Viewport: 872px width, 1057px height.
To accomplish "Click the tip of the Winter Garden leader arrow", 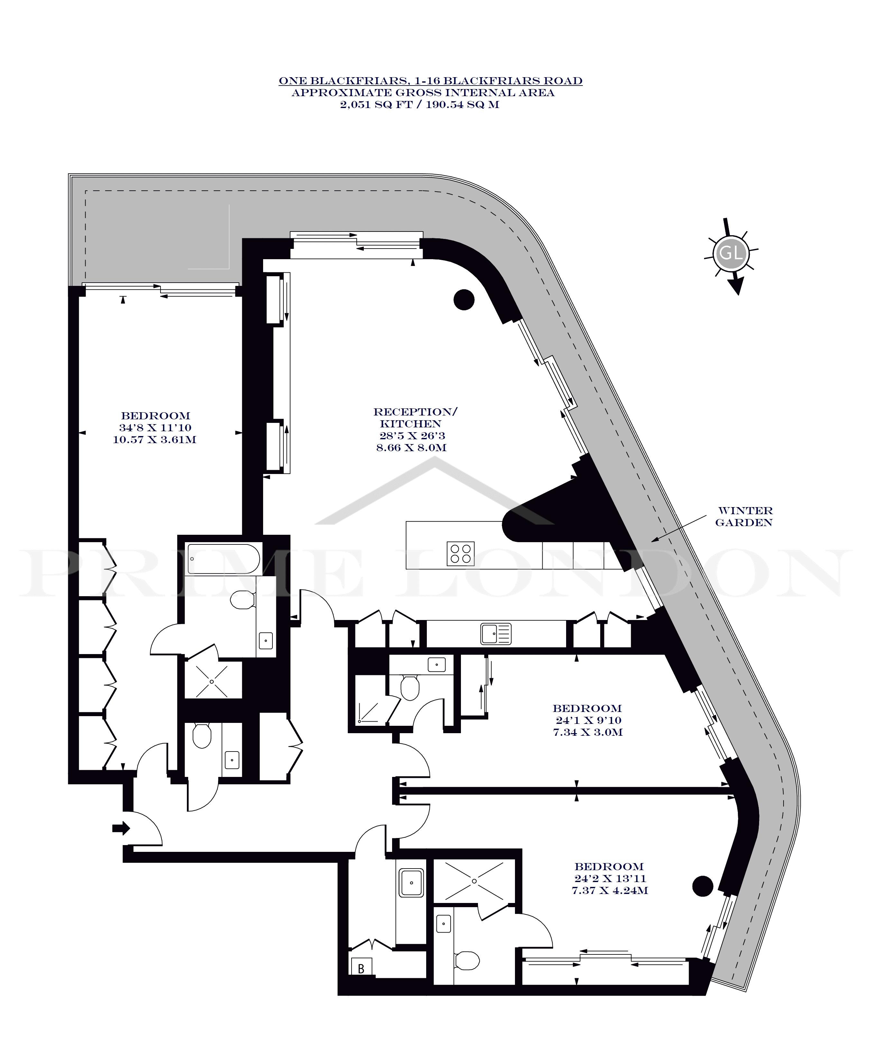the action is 651,541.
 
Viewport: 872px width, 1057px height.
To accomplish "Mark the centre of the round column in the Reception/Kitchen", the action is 464,300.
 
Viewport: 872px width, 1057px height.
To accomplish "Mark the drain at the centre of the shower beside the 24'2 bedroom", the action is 474,894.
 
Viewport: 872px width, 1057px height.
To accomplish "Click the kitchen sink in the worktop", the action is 496,634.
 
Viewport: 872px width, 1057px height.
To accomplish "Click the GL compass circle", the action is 731,252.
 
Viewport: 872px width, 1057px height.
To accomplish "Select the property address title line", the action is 430,81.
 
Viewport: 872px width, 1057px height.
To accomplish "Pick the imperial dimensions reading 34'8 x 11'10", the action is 155,428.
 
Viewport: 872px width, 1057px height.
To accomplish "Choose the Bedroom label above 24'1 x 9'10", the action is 587,708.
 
